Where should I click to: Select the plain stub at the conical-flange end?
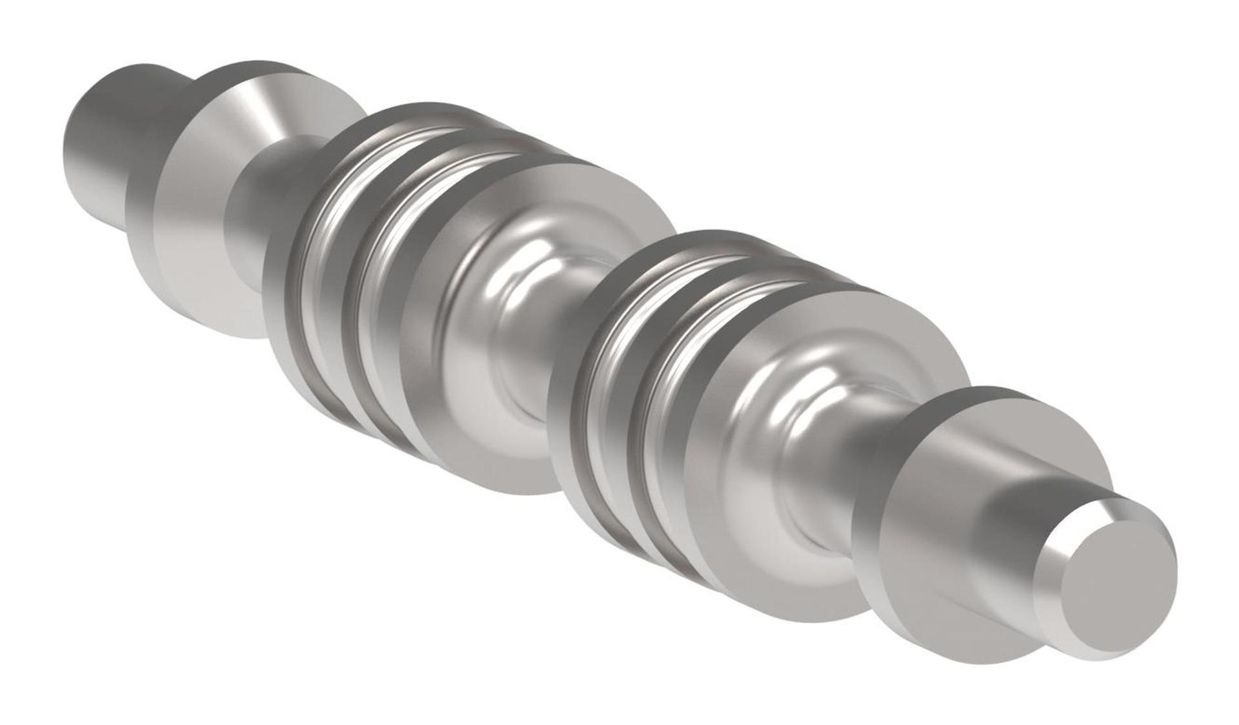pos(97,148)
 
